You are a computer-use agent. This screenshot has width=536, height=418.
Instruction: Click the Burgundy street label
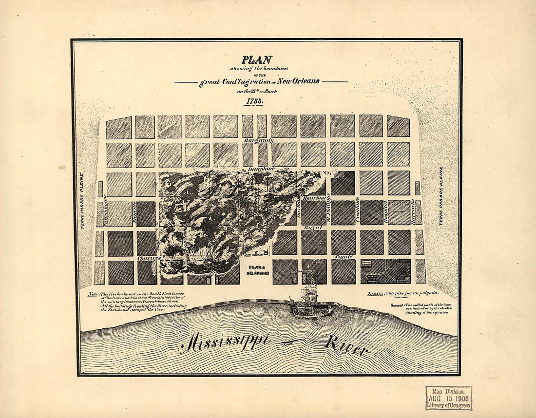(x=259, y=140)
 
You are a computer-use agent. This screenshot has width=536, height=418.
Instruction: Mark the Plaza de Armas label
(x=256, y=270)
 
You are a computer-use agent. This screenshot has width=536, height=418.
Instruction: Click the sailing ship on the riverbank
(x=310, y=300)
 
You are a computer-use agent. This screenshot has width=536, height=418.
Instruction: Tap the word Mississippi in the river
(x=225, y=342)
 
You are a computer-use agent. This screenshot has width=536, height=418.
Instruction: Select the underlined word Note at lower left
(x=93, y=294)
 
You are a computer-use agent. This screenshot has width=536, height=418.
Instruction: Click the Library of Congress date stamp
(x=448, y=398)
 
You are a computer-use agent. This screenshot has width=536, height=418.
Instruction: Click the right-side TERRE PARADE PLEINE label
(x=441, y=196)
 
